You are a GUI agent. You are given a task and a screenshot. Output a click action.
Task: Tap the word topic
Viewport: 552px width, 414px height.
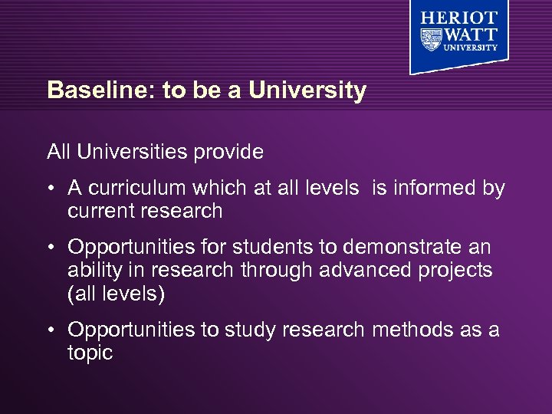click(90, 353)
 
